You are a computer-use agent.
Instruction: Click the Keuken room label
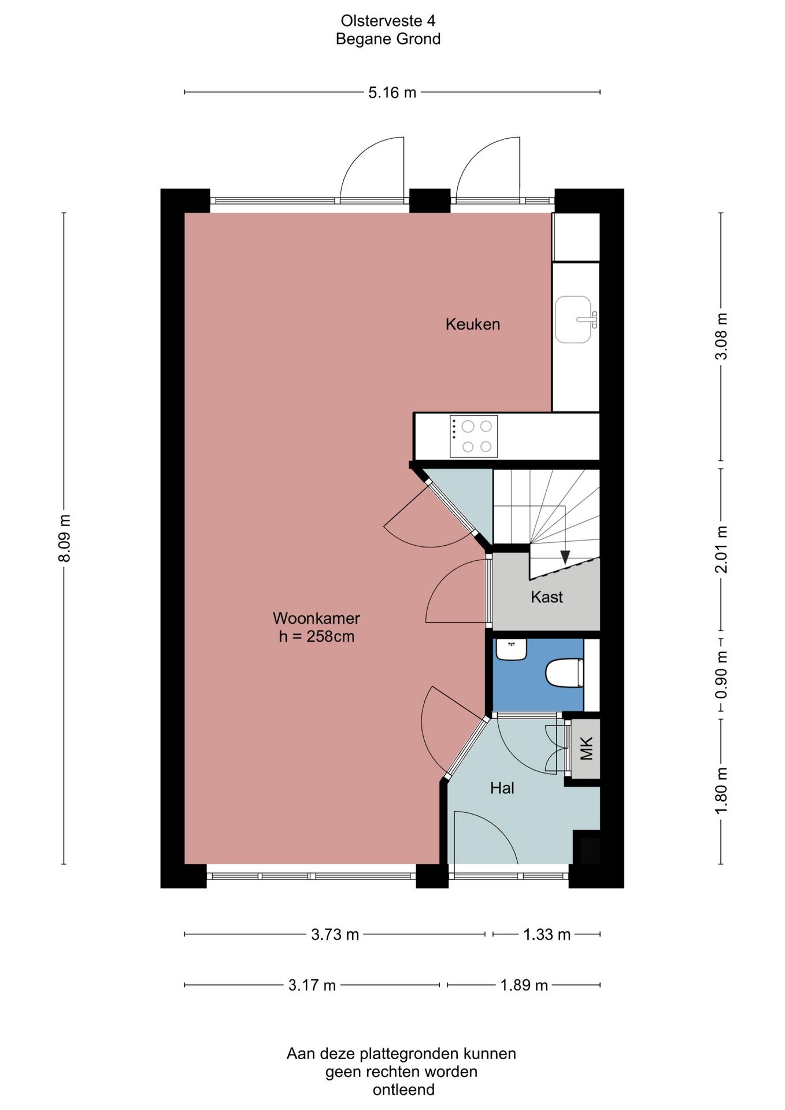(x=472, y=324)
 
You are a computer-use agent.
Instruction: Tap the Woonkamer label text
(x=316, y=618)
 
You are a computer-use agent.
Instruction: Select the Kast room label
(x=547, y=597)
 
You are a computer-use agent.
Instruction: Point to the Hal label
(x=502, y=788)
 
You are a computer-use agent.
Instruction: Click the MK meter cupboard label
(x=586, y=748)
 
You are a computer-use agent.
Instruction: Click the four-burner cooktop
(x=473, y=436)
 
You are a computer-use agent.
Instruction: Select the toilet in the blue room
(x=565, y=674)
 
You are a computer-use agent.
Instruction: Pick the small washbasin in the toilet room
(x=512, y=649)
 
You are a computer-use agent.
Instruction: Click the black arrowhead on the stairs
(x=565, y=557)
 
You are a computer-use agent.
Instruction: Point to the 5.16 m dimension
(x=392, y=92)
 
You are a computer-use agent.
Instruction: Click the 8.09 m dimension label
(x=64, y=538)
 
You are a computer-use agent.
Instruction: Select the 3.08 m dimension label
(x=721, y=336)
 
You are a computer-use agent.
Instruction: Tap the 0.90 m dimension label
(x=721, y=674)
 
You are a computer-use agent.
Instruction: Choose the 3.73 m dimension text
(x=335, y=934)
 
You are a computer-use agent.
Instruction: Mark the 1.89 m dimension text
(x=524, y=985)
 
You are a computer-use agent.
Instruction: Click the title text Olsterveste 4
(x=388, y=21)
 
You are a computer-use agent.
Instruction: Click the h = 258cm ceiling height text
(x=316, y=637)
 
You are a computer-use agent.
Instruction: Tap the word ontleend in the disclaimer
(x=403, y=1090)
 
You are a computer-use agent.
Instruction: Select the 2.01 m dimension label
(x=721, y=549)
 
